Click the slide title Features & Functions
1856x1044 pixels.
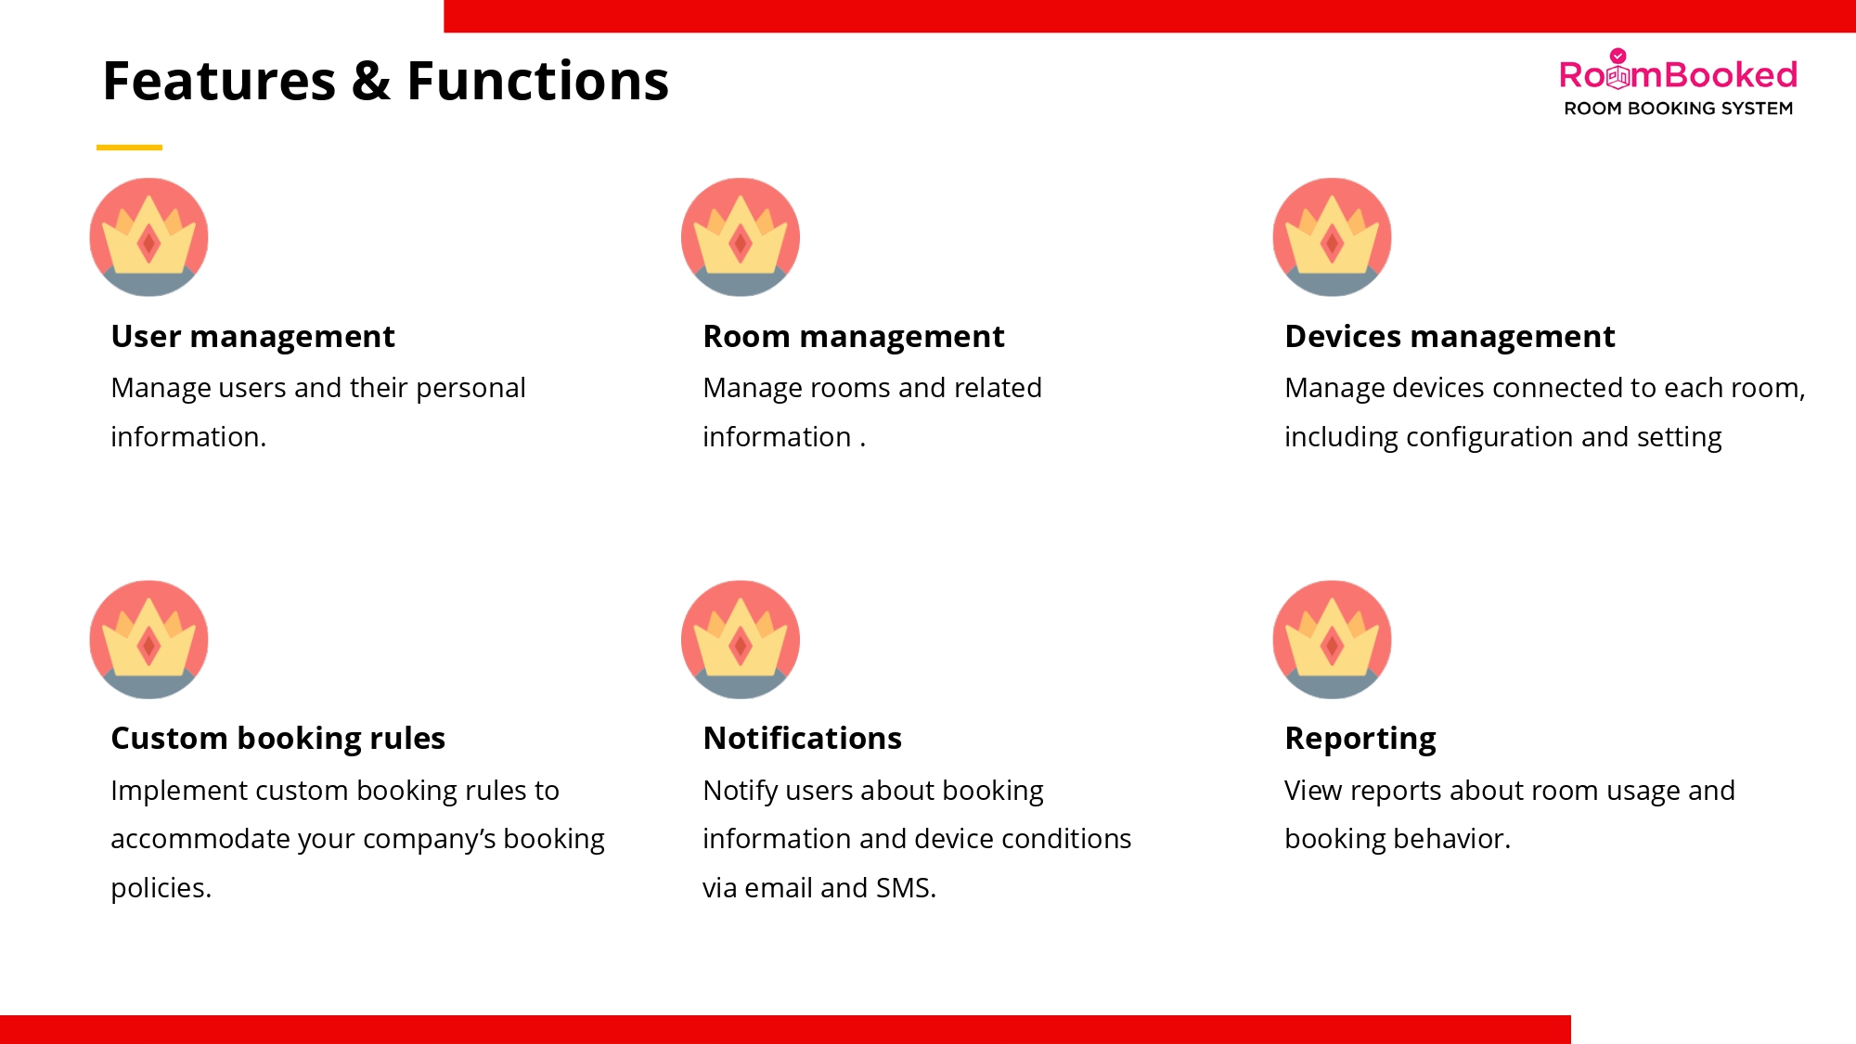[385, 81]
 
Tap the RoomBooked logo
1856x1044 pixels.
[1678, 83]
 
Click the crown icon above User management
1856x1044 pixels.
[148, 238]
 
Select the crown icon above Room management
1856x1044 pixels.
[741, 238]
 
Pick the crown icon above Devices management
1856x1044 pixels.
[1332, 238]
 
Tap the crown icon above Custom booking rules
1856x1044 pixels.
[148, 639]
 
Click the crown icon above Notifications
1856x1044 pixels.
[741, 639]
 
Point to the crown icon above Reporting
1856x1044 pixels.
[1332, 639]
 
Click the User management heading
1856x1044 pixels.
[252, 337]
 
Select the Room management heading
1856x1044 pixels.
[854, 337]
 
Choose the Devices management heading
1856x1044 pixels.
[1450, 337]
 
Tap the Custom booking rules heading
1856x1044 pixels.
[277, 739]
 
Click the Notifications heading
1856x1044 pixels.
[802, 739]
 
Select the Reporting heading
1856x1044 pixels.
[1360, 740]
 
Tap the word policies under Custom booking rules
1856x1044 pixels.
[161, 889]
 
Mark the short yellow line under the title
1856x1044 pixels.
[129, 147]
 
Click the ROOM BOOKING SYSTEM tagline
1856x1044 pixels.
[1678, 109]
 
